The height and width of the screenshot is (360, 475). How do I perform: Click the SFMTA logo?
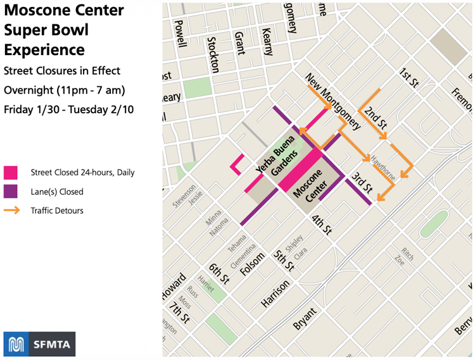39,344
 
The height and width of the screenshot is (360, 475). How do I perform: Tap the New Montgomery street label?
333,101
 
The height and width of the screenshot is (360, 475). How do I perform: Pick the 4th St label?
321,225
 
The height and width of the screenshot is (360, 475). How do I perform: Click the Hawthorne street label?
384,168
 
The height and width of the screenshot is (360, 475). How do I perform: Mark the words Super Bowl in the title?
46,30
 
